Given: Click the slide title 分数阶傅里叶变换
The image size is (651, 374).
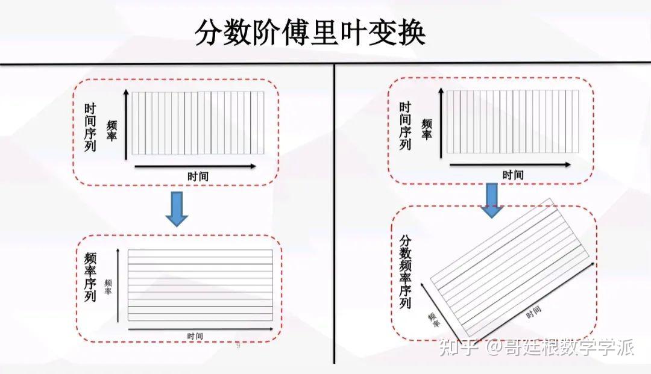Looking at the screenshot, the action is tap(310, 33).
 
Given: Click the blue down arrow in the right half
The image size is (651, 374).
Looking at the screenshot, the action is tap(492, 200).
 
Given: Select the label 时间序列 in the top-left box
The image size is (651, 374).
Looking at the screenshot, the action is tap(90, 128).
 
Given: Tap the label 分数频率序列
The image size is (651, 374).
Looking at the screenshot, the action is tap(405, 271).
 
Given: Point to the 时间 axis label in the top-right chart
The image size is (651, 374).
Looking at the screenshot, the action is tap(512, 175).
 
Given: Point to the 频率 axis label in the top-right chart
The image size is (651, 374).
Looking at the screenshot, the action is tap(427, 129).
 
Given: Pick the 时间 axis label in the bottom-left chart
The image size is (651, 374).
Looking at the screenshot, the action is tap(195, 336).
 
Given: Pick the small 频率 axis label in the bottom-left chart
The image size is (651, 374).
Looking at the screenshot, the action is tap(108, 287).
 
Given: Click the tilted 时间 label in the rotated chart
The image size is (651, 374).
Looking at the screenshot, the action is tap(533, 313).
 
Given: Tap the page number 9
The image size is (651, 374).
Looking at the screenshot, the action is tap(238, 346).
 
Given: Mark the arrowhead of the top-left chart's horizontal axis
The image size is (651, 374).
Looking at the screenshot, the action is tap(253, 166).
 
